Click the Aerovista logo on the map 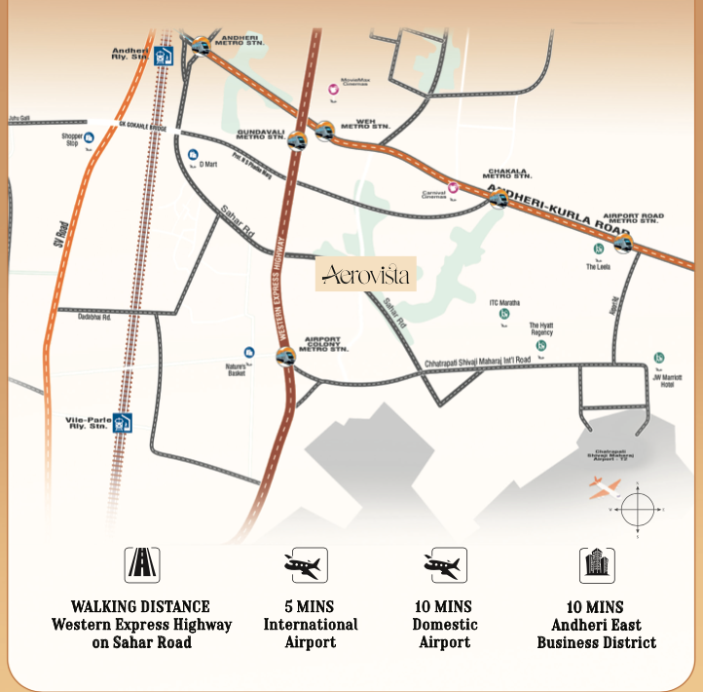(366, 274)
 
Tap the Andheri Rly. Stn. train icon (164, 57)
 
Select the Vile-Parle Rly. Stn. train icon (122, 423)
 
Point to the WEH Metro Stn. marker (323, 128)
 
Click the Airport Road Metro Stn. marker (623, 243)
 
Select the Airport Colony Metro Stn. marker (284, 357)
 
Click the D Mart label (207, 164)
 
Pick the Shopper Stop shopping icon (89, 138)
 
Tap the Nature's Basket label (236, 368)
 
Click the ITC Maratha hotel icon (504, 314)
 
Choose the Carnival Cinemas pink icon (453, 186)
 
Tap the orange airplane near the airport (605, 488)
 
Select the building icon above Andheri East (596, 564)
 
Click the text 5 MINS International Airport (311, 624)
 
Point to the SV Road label (60, 237)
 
